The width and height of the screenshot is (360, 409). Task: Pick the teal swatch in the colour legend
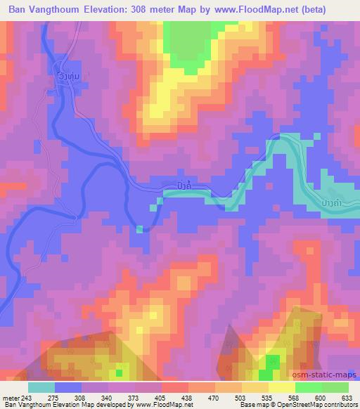coord(41,387)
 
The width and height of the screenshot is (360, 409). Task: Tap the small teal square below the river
coord(140,228)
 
